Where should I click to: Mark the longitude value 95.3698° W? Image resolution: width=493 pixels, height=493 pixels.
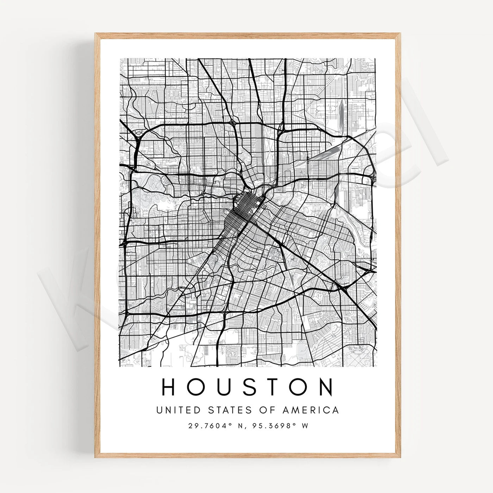point(279,426)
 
